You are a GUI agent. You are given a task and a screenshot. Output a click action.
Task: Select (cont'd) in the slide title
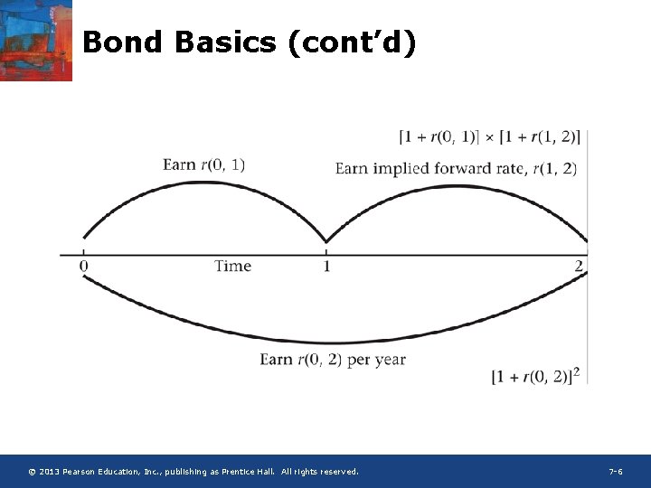(353, 42)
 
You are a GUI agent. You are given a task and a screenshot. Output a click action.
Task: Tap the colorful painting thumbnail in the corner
(35, 40)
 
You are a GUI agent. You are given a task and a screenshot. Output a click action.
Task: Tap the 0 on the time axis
(84, 266)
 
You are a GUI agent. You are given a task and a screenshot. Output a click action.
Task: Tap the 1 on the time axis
(326, 266)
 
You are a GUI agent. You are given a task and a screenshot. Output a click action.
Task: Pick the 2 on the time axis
(579, 266)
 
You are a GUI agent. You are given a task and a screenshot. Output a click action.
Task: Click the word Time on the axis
(232, 266)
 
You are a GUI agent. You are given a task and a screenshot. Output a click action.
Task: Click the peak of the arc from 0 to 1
(204, 183)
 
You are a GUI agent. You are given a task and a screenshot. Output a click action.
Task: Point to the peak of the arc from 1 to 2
(457, 187)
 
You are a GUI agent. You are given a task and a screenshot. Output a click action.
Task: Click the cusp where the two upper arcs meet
(326, 241)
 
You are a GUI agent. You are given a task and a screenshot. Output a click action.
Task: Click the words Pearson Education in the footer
(97, 472)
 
